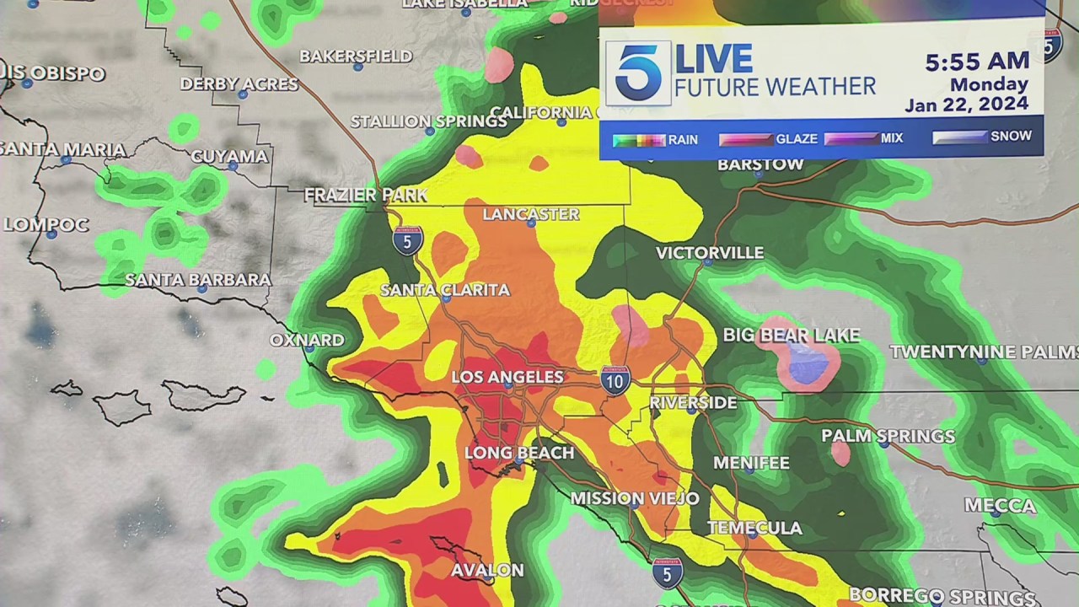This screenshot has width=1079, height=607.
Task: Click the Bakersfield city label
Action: (x=356, y=56)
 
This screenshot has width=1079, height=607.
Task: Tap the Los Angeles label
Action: (x=507, y=377)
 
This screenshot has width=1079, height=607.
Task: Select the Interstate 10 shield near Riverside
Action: (x=616, y=381)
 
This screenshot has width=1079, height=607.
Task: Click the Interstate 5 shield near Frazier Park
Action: (x=408, y=241)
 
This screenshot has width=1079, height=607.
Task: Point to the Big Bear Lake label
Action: (x=792, y=336)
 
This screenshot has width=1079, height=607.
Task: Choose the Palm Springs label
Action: (x=888, y=436)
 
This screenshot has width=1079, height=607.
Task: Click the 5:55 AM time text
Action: (x=977, y=62)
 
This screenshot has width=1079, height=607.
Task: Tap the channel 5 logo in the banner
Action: (x=638, y=73)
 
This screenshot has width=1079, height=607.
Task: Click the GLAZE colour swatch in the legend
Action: (x=745, y=139)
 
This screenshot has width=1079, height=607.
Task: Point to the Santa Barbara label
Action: (x=198, y=280)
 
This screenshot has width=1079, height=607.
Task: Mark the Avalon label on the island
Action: (x=487, y=571)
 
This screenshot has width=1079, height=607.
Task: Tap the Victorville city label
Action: (x=710, y=253)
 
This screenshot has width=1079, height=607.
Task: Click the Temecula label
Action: (x=754, y=529)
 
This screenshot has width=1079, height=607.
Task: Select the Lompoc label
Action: (x=46, y=225)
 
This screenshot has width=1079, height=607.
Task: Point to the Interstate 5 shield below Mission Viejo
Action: (x=667, y=573)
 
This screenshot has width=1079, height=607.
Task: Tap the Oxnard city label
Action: (x=307, y=341)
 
